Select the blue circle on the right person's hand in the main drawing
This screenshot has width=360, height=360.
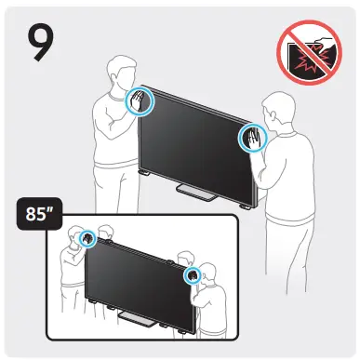tap(251, 140)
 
